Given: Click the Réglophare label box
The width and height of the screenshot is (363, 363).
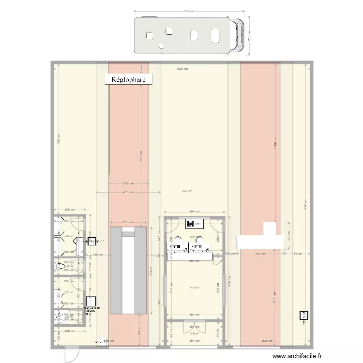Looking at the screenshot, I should pyautogui.click(x=129, y=80).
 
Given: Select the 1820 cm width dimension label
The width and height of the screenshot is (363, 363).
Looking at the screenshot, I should pyautogui.click(x=181, y=69).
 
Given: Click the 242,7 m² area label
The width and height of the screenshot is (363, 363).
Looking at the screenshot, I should pyautogui.click(x=187, y=191).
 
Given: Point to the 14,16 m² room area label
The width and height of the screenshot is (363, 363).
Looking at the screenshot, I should pyautogui.click(x=195, y=288).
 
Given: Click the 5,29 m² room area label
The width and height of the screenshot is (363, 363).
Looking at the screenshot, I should pyautogui.click(x=195, y=333).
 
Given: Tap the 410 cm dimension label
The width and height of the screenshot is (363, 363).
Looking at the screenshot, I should pyautogui.click(x=128, y=192).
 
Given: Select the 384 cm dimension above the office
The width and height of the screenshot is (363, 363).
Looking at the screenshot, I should pyautogui.click(x=194, y=212).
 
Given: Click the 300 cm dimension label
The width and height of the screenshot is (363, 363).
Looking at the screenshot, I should pyautogui.click(x=261, y=253).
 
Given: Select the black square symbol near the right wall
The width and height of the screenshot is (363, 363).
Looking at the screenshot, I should pyautogui.click(x=303, y=315).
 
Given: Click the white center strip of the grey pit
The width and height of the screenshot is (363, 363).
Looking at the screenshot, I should pyautogui.click(x=128, y=271).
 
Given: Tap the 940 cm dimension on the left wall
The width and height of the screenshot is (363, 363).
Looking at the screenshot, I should pyautogui.click(x=58, y=140).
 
